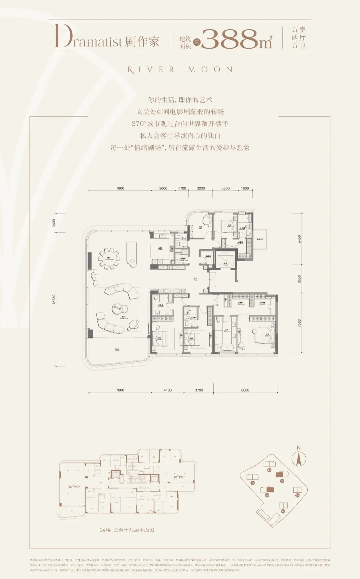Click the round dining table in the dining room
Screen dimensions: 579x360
pos(109,258)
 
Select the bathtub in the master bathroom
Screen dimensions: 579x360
pos(227,348)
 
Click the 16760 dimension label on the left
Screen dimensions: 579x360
pos(54,299)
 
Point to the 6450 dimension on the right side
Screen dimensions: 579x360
pos(299,239)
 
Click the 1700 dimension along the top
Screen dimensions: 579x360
pos(182,188)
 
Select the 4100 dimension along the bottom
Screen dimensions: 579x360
pos(168,390)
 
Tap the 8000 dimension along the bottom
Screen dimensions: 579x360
pos(245,390)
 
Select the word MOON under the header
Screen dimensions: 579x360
pos(210,70)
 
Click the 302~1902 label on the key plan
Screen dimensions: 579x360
pos(74,487)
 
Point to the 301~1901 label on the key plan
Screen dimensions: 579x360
pos(179,477)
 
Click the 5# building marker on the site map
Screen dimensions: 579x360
pos(283,511)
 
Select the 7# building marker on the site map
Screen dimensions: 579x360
pos(252,483)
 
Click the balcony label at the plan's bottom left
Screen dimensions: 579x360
pos(117,350)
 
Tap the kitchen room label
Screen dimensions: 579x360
pos(160,248)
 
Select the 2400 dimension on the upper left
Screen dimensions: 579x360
pos(54,223)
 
